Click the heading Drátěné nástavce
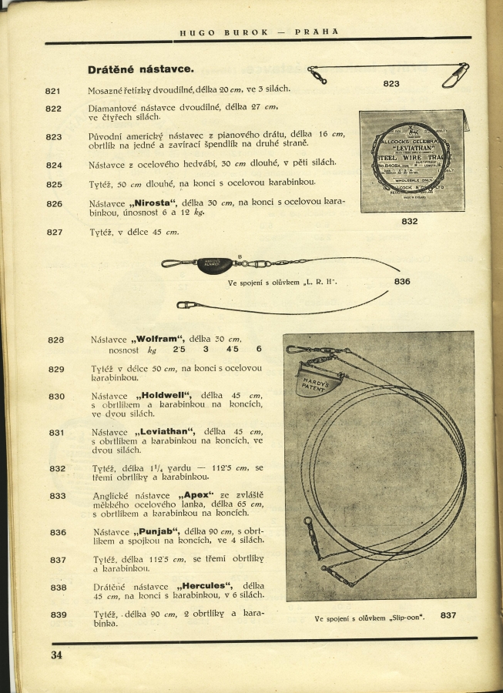(x=139, y=70)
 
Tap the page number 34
(x=56, y=655)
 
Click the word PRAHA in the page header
(x=316, y=32)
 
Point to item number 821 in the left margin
(x=53, y=91)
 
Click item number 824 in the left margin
(x=54, y=165)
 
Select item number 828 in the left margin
(x=56, y=340)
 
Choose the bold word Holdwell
(x=166, y=396)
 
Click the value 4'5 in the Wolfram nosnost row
(x=231, y=349)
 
